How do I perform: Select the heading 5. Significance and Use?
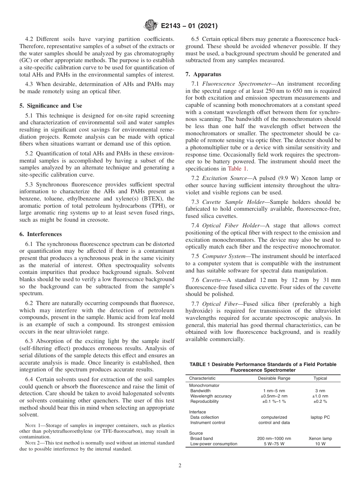tap(50, 106)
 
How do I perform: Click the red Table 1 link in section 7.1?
tap(238, 169)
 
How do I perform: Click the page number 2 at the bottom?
tap(180, 466)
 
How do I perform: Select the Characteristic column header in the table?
tap(202, 378)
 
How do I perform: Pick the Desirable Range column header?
tap(274, 378)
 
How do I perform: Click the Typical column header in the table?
tap(320, 378)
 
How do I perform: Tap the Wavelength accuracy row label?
tap(211, 396)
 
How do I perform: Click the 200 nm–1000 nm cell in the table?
tap(274, 438)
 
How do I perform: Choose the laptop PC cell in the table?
tap(320, 417)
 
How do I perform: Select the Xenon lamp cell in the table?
tap(320, 438)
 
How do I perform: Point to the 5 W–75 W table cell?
tap(274, 444)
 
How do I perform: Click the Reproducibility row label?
tap(204, 401)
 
